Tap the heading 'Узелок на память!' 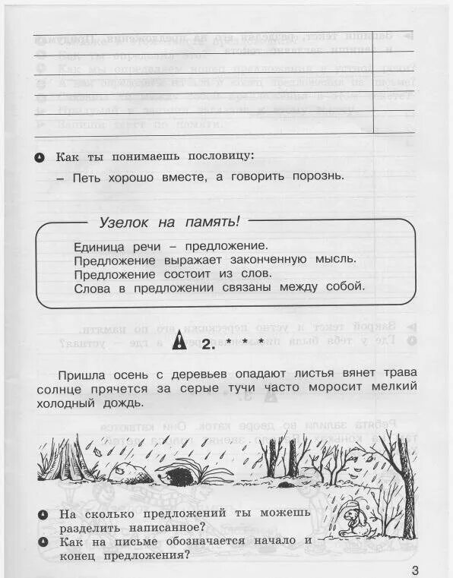point(169,222)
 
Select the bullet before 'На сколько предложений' point(43,514)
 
